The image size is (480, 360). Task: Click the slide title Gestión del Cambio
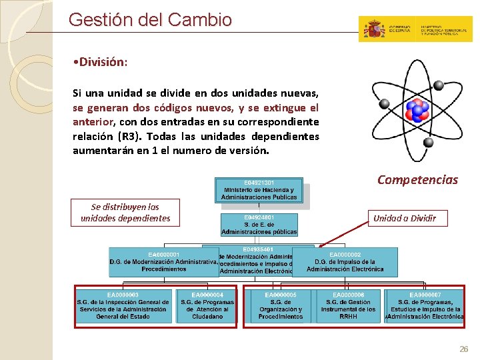150,19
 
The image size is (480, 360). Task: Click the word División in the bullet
101,62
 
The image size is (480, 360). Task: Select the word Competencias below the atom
417,180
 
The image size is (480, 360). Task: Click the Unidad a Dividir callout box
405,218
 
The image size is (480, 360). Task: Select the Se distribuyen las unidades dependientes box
125,212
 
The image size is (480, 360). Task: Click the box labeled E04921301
259,189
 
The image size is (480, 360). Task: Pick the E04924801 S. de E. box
259,225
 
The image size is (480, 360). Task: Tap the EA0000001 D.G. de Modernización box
163,261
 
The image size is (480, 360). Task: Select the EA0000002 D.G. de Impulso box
345,261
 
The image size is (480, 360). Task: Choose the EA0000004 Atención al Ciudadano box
207,306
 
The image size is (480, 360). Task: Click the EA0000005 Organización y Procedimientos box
280,306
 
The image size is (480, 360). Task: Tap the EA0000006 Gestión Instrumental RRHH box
348,306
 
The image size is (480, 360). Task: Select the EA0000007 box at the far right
425,306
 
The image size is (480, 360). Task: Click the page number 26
464,349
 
